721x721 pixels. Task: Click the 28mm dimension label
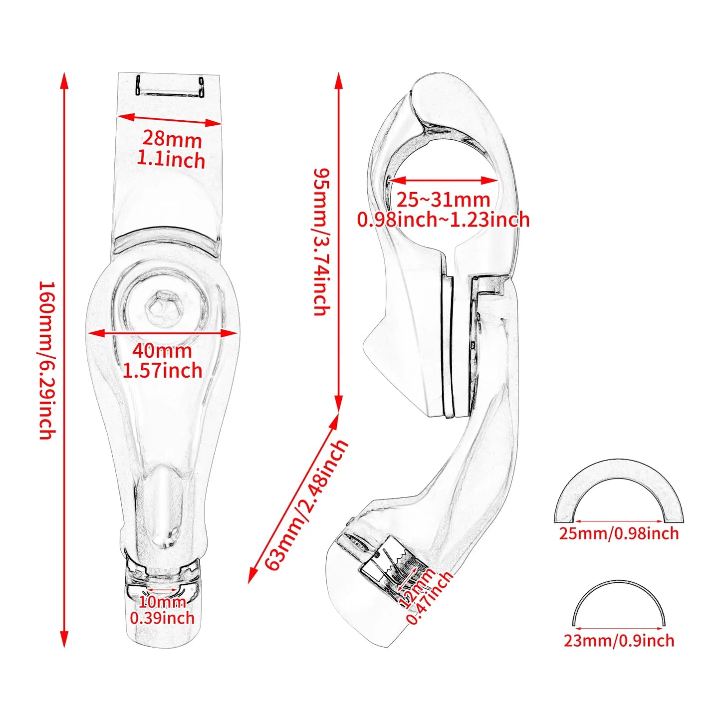tap(172, 139)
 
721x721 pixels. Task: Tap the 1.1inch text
tap(171, 160)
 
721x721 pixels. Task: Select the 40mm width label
tap(162, 351)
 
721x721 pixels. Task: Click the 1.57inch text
tap(163, 371)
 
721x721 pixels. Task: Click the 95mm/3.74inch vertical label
tap(322, 242)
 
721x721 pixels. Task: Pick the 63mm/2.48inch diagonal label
tap(306, 504)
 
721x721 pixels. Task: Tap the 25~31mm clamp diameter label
tap(443, 200)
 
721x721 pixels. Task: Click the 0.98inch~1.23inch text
tap(443, 220)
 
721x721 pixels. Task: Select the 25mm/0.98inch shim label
tap(619, 533)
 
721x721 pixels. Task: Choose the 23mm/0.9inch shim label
tap(619, 640)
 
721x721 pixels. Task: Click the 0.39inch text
tap(162, 618)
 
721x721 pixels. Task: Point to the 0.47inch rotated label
tap(430, 599)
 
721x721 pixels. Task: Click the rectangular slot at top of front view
tap(170, 86)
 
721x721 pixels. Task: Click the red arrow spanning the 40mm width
tap(163, 333)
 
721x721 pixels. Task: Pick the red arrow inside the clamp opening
tap(443, 181)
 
